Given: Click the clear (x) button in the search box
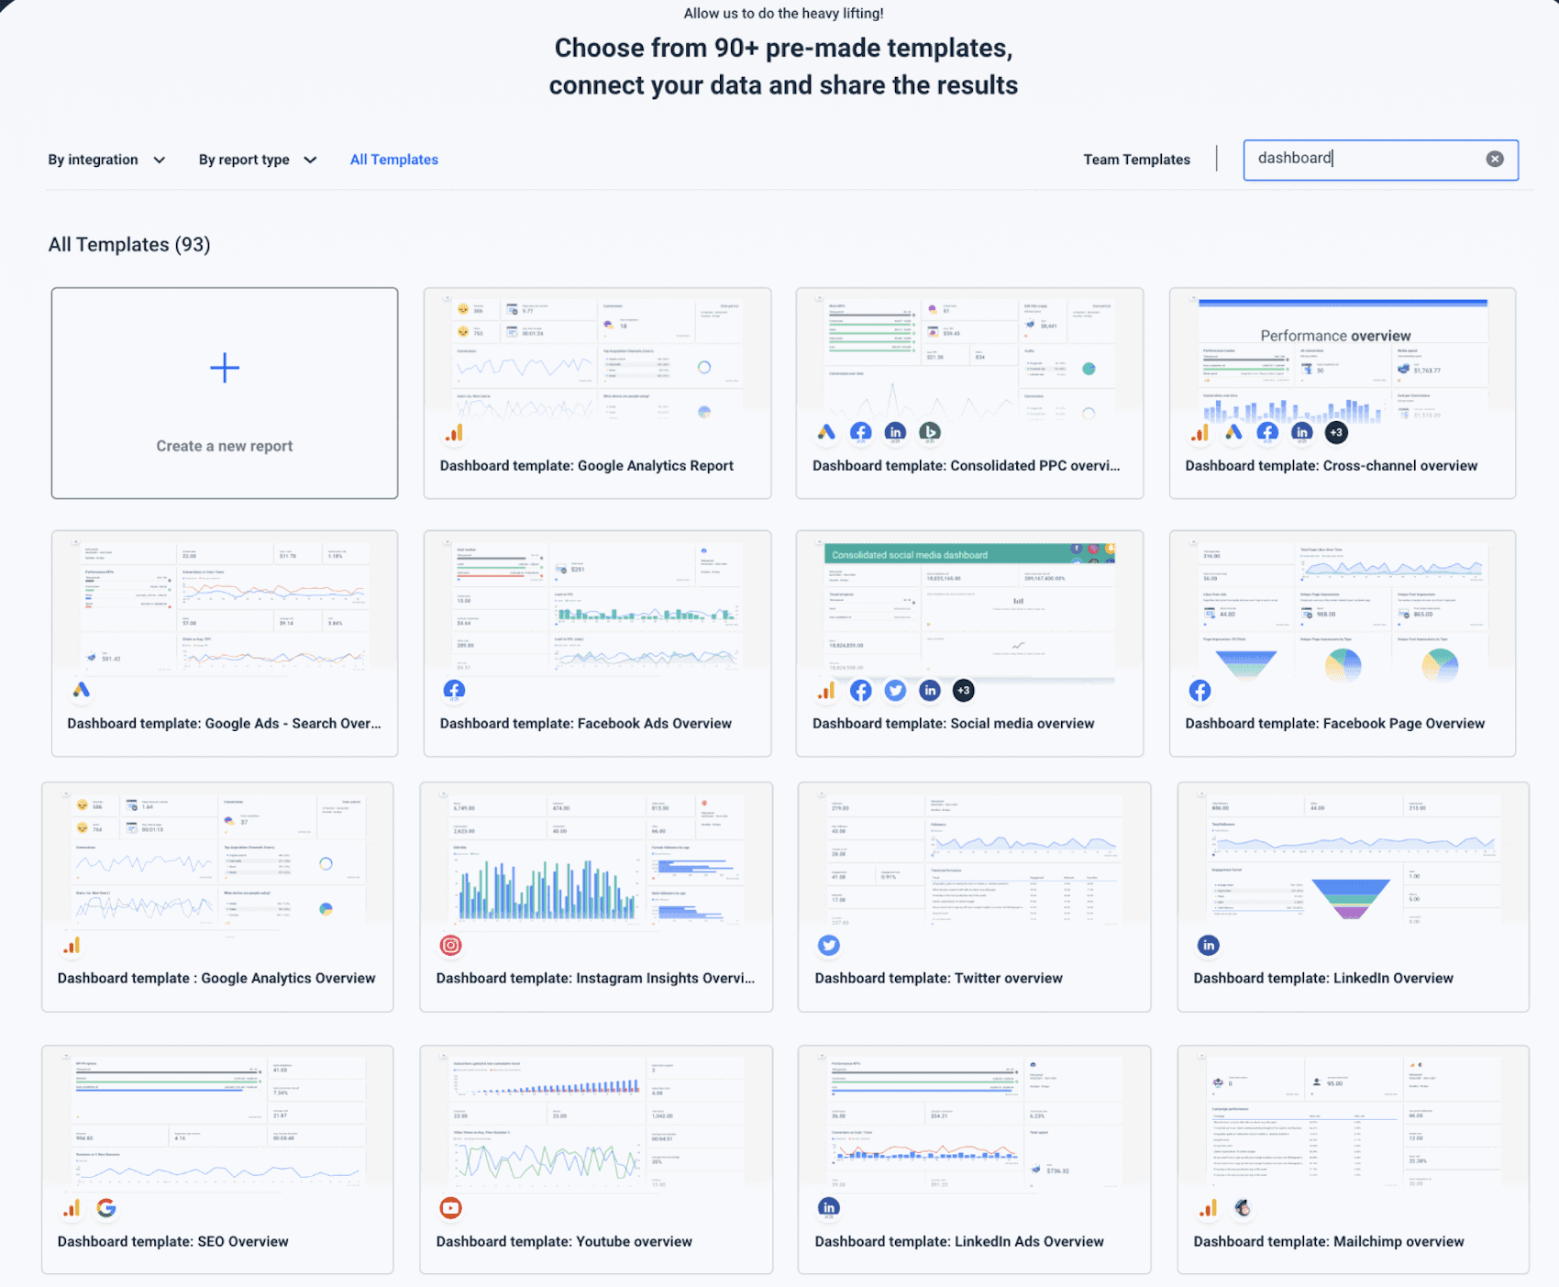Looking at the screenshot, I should point(1495,159).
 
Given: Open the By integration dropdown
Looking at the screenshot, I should point(106,160).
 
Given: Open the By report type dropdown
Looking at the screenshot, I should point(257,160).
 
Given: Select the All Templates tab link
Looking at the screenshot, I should point(394,160).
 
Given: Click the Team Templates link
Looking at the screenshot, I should point(1136,160).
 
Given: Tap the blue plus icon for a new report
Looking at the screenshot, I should point(225,368).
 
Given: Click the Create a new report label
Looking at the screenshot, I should point(225,446).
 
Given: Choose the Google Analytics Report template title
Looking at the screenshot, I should point(586,466).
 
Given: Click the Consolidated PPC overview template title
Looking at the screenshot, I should point(966,466).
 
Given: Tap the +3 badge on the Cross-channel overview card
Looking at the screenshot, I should point(1336,432).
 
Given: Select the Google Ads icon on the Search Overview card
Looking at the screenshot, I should point(82,690).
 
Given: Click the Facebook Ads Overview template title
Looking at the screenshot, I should point(585,724).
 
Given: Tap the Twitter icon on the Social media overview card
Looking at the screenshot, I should point(895,691).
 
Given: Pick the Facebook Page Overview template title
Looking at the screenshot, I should point(1334,724).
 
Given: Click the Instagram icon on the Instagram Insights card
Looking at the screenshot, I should point(450,945).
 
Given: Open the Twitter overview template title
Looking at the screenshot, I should point(938,979).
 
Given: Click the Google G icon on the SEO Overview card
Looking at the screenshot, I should point(106,1208).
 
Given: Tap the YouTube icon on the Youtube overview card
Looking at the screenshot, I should point(450,1208).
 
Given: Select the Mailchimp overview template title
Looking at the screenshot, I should point(1328,1242).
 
